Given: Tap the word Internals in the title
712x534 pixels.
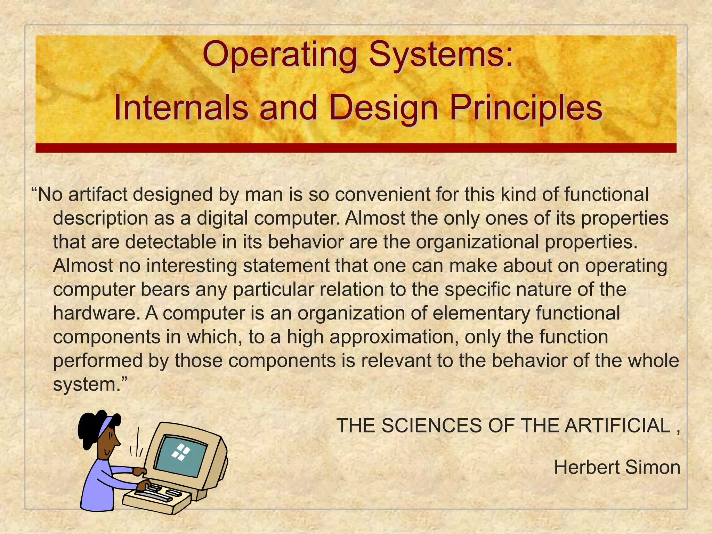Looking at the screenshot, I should coord(181,108).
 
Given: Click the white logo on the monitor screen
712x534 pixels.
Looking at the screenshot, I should coord(181,452).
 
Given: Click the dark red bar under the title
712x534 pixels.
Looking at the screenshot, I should coord(356,148).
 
